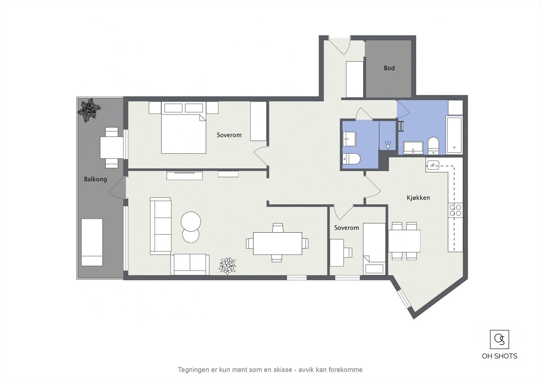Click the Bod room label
coord(389,68)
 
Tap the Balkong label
coord(95,179)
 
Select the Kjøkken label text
coord(418,198)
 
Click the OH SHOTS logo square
coord(499,339)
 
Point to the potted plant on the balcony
coord(89,110)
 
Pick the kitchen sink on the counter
coord(432,165)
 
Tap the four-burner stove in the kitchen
coord(455,210)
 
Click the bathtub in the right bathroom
coord(454,135)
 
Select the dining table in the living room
coord(278,244)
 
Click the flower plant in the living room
coord(227,266)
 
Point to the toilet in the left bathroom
coord(351,159)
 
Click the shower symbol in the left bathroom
coord(388,145)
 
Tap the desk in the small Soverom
coord(337,253)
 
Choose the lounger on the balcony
coord(92,242)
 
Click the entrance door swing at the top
coord(340,46)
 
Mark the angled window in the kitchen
coord(404,299)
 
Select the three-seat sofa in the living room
coord(161,226)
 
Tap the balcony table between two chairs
coord(112,148)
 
